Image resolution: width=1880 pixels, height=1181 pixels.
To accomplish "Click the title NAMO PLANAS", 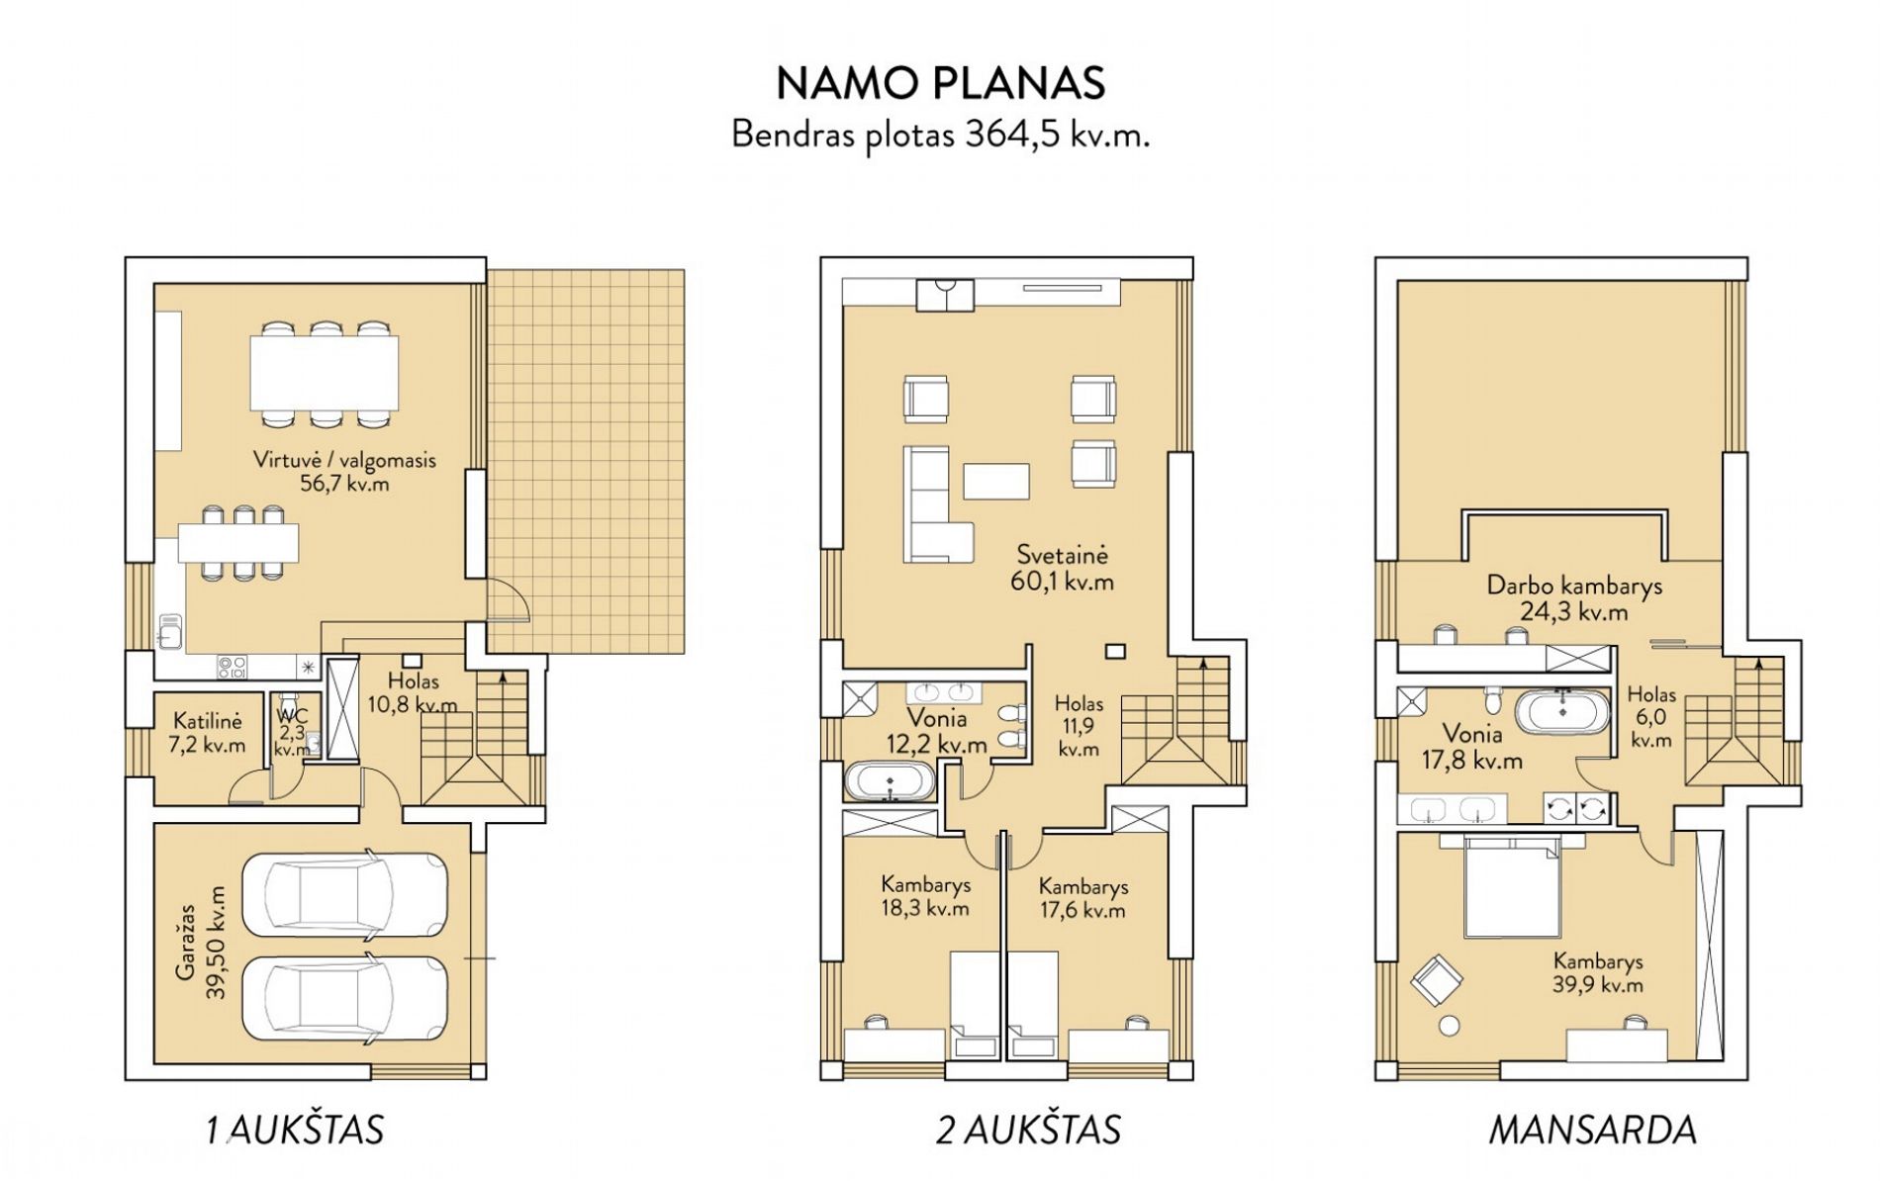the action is (x=940, y=84).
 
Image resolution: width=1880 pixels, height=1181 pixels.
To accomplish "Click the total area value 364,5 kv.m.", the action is (x=1058, y=135).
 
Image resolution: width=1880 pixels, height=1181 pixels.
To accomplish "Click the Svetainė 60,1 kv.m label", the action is (x=1063, y=568).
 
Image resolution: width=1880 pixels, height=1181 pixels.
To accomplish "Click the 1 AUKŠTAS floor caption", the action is (x=295, y=1130).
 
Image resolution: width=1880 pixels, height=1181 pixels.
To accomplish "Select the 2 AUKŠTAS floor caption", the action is (x=1028, y=1130).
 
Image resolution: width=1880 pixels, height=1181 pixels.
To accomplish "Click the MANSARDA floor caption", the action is (x=1593, y=1130).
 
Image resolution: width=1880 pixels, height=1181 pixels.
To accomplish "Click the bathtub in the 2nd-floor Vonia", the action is (x=890, y=781).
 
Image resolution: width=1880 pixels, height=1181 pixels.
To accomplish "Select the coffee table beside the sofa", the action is (x=996, y=482).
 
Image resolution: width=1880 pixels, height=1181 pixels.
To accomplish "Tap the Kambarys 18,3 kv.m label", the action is (x=925, y=896).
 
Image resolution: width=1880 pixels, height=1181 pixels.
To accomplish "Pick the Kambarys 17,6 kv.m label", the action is (x=1082, y=898).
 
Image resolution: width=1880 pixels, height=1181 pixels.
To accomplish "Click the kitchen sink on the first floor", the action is (x=169, y=631).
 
